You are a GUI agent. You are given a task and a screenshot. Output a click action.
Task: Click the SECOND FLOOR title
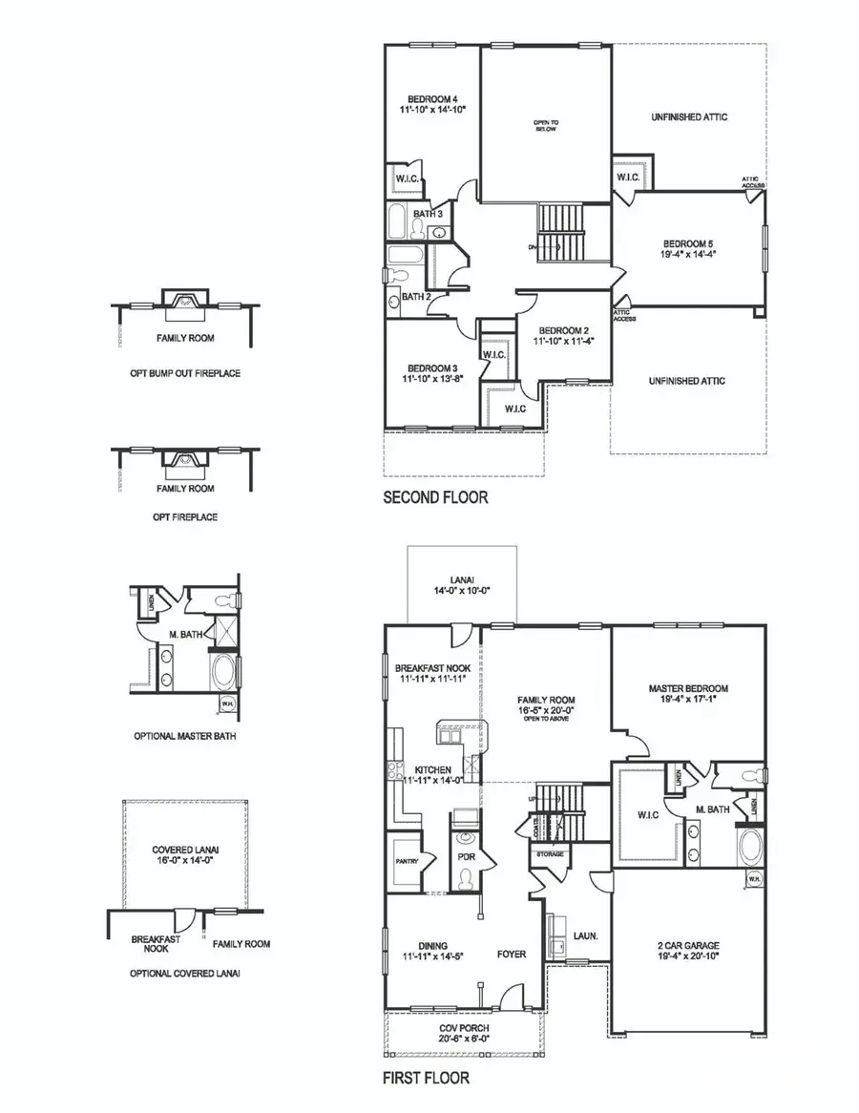coord(435,497)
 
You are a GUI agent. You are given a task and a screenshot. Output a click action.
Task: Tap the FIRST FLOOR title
coord(426,1079)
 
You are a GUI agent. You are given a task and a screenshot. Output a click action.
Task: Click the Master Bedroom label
coord(688,688)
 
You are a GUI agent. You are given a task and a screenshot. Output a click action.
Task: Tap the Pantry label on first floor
coord(402,861)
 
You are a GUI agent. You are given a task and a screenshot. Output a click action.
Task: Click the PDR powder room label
coord(467,857)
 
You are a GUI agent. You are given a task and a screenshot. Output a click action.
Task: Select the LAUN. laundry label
coord(585,935)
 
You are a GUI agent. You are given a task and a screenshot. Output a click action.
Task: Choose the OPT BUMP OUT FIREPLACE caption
coord(185,373)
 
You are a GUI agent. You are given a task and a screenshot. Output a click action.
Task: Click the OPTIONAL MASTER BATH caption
coord(185,737)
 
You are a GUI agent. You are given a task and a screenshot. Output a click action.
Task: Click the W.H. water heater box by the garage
coord(753,878)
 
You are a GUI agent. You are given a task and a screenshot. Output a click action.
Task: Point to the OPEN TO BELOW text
coord(545,127)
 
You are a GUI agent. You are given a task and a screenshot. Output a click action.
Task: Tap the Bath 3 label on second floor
coord(429,214)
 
